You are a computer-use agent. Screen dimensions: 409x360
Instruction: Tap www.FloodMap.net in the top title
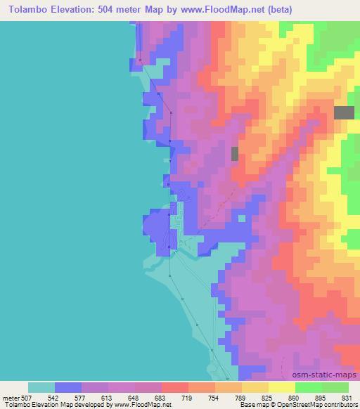coord(222,10)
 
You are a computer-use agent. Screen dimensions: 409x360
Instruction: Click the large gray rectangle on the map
coord(344,112)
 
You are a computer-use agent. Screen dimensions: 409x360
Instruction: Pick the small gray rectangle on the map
coord(235,153)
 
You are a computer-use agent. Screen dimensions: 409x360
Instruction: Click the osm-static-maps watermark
coord(331,375)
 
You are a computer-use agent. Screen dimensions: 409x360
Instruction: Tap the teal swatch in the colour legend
coord(41,387)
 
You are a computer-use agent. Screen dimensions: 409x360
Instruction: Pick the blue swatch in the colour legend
coord(68,387)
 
